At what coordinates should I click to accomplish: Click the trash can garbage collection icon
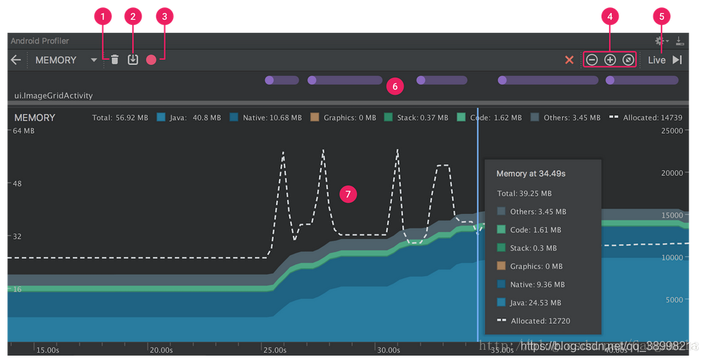point(115,60)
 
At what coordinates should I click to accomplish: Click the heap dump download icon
point(133,60)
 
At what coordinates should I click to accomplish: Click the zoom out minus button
point(592,60)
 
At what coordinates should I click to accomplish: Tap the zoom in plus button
point(610,60)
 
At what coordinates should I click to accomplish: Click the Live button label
point(656,60)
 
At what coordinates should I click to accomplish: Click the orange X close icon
point(569,60)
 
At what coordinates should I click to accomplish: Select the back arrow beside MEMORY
point(15,60)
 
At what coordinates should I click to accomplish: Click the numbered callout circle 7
point(348,194)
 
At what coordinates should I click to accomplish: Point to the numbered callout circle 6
point(395,86)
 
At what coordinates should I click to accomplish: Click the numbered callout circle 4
point(610,15)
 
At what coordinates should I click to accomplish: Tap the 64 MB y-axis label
point(24,131)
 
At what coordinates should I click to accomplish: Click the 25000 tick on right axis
point(672,131)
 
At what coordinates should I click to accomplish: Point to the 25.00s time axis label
point(275,351)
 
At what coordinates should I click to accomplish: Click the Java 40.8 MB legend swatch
point(161,117)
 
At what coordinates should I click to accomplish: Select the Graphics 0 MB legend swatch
point(315,117)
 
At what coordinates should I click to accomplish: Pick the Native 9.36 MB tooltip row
point(537,284)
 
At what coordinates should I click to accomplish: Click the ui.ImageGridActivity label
point(53,96)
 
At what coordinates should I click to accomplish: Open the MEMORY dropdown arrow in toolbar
point(94,61)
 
